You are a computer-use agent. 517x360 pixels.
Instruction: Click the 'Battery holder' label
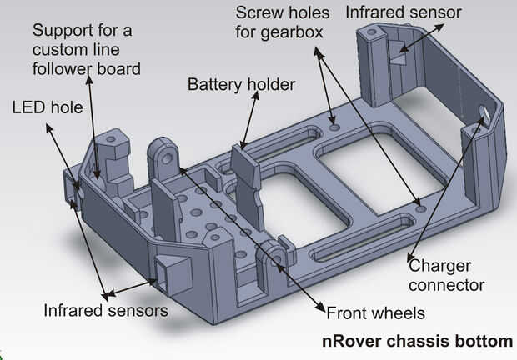[x=241, y=85]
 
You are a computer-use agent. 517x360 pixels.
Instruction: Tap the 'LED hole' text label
[x=48, y=107]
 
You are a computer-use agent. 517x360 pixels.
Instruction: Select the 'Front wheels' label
[x=375, y=312]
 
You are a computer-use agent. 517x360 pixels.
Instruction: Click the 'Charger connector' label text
[x=446, y=275]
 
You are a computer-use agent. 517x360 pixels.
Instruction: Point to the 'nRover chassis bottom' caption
[x=417, y=341]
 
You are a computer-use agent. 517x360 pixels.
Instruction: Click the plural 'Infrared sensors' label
[x=106, y=310]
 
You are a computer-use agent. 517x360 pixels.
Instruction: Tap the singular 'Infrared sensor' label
[x=404, y=12]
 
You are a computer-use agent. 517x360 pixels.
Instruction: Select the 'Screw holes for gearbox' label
[x=282, y=22]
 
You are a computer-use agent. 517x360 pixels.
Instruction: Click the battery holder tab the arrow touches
[x=244, y=158]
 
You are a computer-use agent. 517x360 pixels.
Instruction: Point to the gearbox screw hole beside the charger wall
[x=419, y=208]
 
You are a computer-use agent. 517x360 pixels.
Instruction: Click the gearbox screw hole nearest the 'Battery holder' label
[x=334, y=127]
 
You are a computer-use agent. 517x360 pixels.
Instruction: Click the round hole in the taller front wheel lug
[x=167, y=159]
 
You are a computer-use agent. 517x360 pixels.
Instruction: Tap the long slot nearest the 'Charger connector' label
[x=362, y=237]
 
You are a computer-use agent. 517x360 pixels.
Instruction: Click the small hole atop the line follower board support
[x=111, y=139]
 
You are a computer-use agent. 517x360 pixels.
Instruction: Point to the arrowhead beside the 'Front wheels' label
[x=322, y=307]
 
